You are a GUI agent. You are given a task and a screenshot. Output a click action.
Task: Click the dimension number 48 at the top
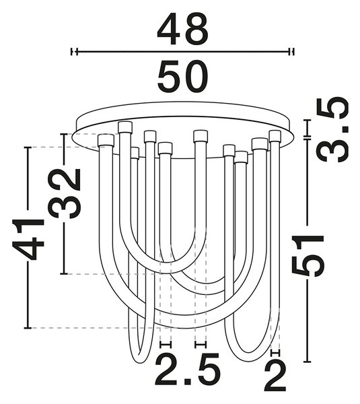[182, 28]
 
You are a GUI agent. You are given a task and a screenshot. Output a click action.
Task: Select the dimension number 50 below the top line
[182, 76]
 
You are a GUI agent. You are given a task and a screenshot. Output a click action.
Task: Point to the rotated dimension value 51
[308, 255]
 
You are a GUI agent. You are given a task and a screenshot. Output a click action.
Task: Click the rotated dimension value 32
[65, 193]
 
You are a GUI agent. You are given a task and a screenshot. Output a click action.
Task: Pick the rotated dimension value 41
[28, 239]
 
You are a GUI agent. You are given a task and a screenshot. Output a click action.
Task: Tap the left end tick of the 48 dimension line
[74, 52]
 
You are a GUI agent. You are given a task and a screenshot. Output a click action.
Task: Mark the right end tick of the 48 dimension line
[291, 52]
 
